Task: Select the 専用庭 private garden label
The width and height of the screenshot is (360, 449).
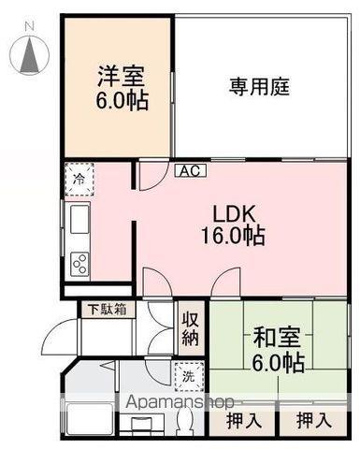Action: [259, 88]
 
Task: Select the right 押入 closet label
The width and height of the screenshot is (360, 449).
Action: [313, 421]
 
